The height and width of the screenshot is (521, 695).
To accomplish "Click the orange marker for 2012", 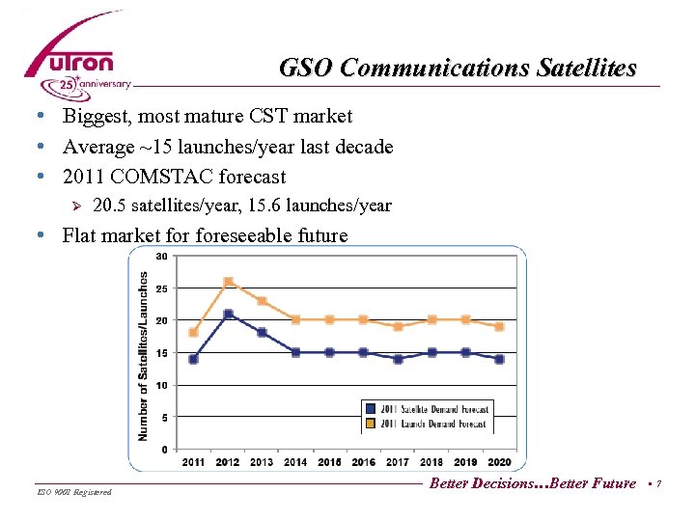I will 228,282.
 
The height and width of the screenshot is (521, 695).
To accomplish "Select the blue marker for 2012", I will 228,314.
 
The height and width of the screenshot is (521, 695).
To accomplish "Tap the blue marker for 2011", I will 193,359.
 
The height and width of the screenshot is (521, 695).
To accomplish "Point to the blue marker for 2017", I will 398,359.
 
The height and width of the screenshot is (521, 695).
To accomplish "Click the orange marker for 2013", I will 262,301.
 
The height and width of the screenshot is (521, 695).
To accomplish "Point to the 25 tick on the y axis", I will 161,288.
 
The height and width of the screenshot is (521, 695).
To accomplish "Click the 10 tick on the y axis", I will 161,385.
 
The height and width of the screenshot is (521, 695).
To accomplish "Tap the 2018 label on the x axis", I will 432,462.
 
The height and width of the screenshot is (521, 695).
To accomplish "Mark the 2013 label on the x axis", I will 262,462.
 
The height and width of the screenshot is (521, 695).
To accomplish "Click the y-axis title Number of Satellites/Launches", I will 144,355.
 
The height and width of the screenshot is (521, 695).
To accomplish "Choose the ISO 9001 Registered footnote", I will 73,492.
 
